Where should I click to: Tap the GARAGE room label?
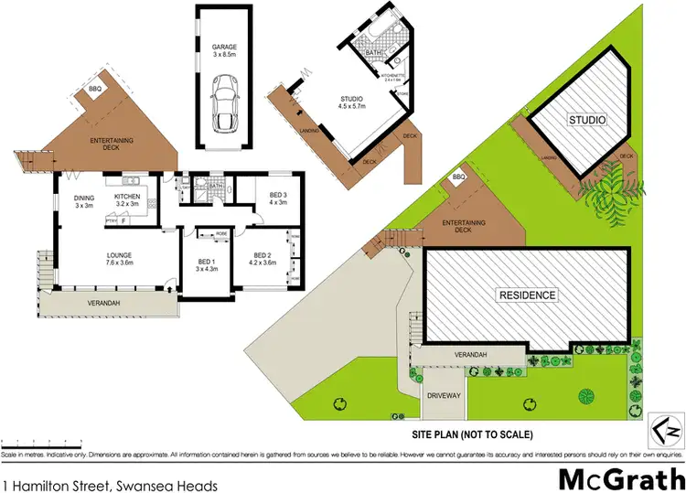224,47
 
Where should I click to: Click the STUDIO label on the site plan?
587,120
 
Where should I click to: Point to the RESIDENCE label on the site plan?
527,295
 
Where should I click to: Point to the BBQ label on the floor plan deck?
96,88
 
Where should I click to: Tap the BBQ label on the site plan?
459,177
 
